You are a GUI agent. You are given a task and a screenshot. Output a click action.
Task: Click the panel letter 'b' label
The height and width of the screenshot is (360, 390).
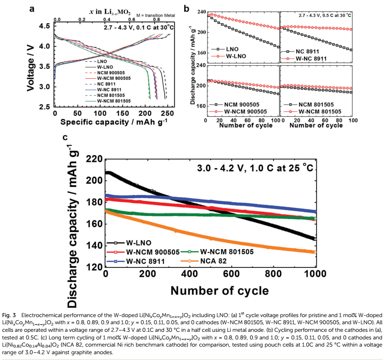tap(187, 8)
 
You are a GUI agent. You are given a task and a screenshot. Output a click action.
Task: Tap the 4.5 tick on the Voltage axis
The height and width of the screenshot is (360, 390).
tap(44, 26)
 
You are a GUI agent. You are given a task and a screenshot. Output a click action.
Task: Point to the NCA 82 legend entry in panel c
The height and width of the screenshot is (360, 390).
tap(217, 260)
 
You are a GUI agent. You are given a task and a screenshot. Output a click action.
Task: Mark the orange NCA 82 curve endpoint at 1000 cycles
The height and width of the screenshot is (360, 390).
tap(315, 252)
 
